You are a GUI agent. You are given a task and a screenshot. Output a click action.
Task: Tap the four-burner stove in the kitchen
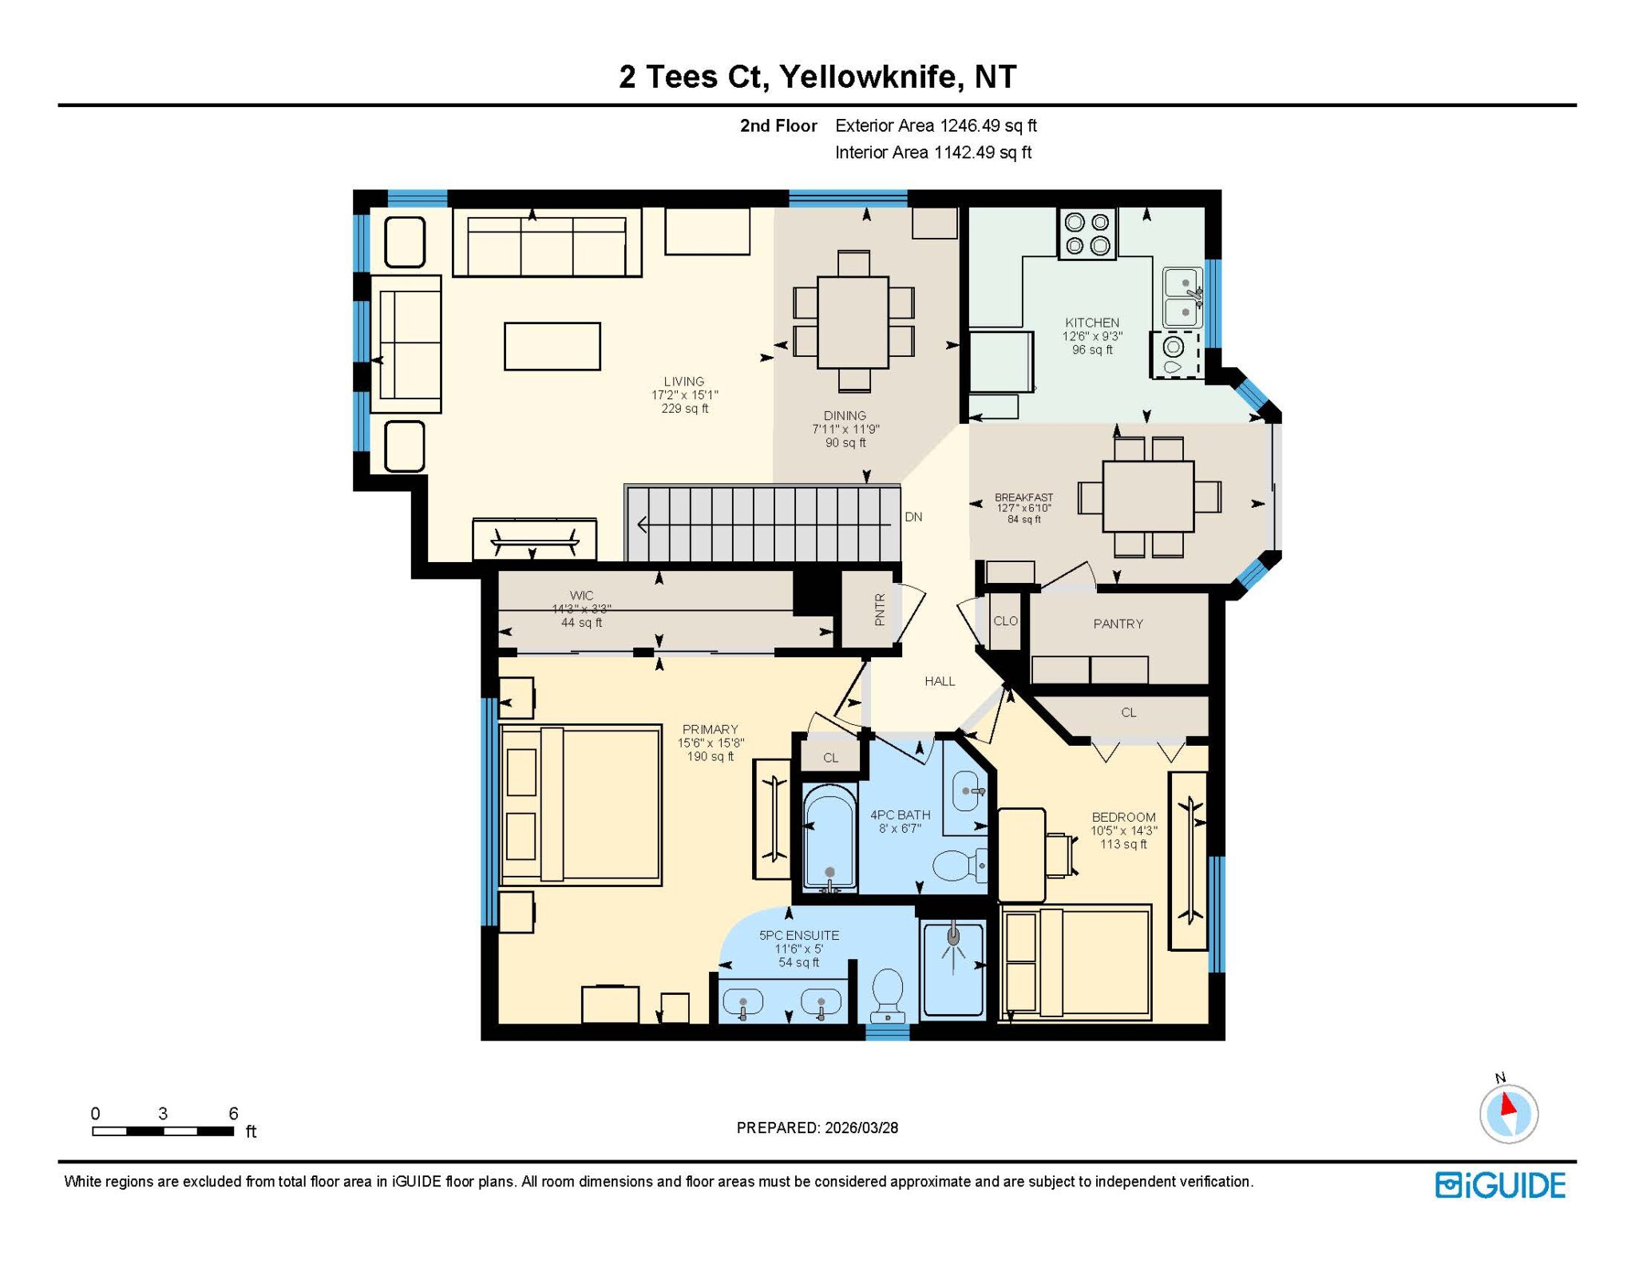click(x=1087, y=234)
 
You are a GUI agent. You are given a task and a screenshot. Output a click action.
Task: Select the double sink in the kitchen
click(x=1183, y=297)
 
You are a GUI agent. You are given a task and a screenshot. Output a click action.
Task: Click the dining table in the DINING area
click(x=853, y=322)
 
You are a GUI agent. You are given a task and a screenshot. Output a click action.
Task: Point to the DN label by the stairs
click(x=913, y=517)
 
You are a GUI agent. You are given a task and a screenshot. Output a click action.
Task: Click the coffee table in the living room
click(x=552, y=347)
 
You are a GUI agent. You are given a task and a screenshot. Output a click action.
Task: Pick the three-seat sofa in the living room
click(x=547, y=243)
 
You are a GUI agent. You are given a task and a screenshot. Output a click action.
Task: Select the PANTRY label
click(x=1118, y=624)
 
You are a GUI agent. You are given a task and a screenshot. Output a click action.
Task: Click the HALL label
click(x=940, y=681)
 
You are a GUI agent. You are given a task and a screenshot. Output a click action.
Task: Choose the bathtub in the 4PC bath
click(x=830, y=838)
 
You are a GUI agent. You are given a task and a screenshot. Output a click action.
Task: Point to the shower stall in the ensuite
click(x=952, y=969)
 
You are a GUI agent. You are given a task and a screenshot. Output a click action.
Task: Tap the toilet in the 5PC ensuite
click(x=888, y=995)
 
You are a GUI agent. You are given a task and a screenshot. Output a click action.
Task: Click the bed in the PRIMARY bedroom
click(x=580, y=805)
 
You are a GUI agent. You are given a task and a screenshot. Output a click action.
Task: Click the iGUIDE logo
click(x=1500, y=1186)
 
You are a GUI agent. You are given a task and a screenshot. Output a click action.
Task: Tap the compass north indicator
click(x=1508, y=1104)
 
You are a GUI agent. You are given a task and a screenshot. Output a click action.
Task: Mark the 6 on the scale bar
click(x=233, y=1113)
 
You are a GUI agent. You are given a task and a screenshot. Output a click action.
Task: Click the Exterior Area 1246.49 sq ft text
click(x=936, y=125)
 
